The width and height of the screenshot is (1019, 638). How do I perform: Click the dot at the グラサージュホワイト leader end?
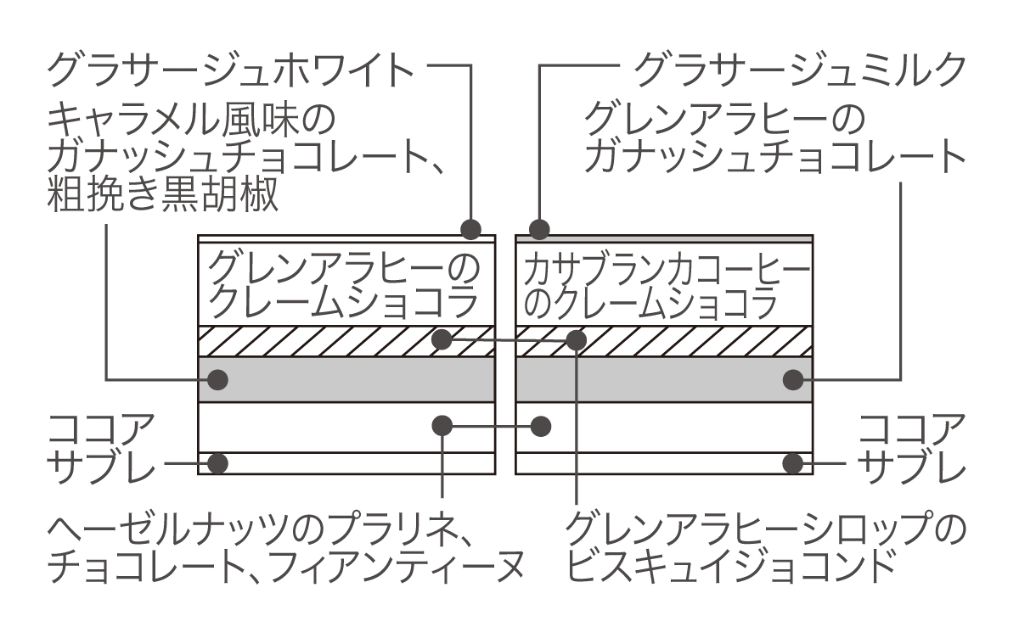[x=471, y=228]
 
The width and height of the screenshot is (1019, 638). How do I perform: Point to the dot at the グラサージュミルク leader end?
[x=539, y=228]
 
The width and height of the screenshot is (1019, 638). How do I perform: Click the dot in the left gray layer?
[x=218, y=378]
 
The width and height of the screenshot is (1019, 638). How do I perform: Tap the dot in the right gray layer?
[x=793, y=378]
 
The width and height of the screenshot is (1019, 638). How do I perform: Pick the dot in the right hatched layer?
[x=577, y=340]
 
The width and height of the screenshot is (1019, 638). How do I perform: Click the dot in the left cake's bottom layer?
[x=218, y=463]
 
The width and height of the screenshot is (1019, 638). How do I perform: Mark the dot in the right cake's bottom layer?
[x=793, y=463]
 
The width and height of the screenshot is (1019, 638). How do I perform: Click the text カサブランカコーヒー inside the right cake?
[x=663, y=271]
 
